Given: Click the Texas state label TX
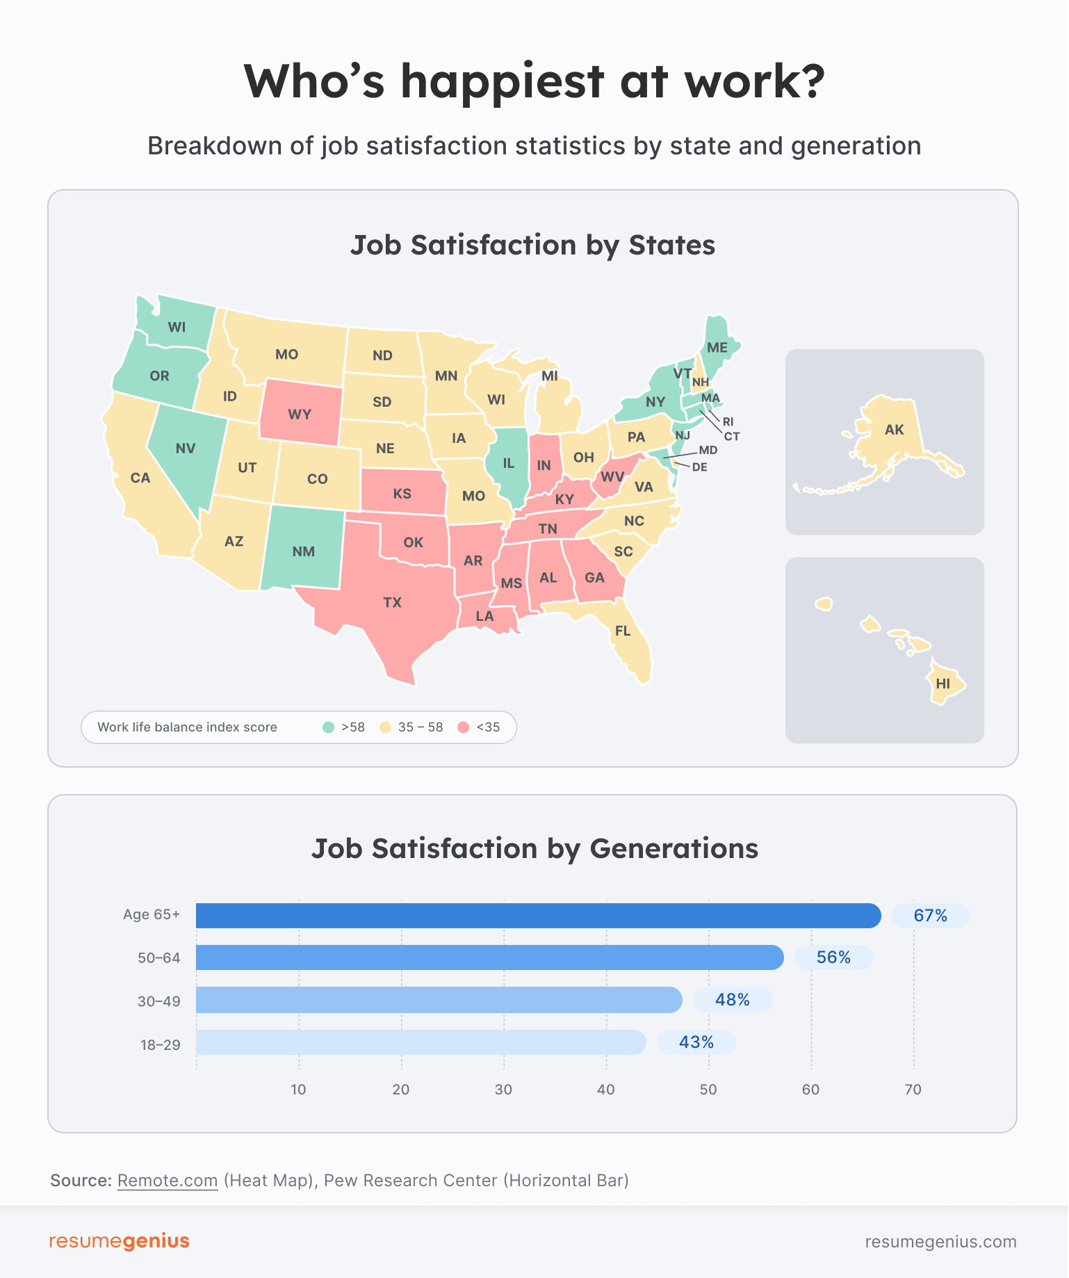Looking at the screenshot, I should point(393,602).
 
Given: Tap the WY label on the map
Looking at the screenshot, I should point(300,414).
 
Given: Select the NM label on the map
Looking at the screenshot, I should point(304,551).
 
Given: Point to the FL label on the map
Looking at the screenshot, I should point(623,631).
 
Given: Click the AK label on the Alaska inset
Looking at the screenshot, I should point(895,430).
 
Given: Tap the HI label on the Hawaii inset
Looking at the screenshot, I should point(943,684).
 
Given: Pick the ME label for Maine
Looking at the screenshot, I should point(717,348).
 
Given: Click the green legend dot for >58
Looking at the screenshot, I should point(329,727).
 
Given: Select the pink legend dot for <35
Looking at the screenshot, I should point(464,727).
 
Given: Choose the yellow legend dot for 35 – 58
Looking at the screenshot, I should point(385,727).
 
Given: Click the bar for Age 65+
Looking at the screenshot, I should point(538,916).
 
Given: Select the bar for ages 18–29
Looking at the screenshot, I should point(421,1042).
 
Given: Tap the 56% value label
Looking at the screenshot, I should point(834,957).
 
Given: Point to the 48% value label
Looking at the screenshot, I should point(733,1000).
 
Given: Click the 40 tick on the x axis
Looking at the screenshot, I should point(606,1090).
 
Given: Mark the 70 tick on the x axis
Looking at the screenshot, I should point(913,1090).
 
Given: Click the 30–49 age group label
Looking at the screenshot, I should point(159,1001).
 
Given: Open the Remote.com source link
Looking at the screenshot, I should point(168,1181).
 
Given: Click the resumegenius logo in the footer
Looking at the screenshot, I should point(120,1241).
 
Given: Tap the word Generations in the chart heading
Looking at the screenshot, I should point(674,849).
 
